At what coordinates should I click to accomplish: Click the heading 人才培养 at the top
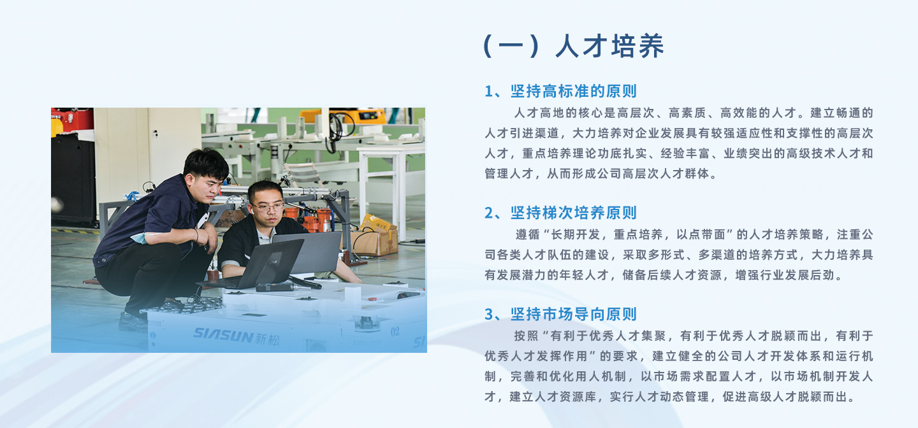[609, 46]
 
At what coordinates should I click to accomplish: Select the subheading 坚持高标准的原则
[574, 92]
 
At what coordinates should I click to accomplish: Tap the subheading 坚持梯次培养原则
[574, 213]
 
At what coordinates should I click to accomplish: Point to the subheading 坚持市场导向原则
[574, 315]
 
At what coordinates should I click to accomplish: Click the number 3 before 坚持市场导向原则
[489, 315]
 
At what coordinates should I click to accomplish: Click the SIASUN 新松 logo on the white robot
[237, 335]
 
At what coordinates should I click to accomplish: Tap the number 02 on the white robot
[395, 331]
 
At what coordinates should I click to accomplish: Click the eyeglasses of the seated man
[267, 208]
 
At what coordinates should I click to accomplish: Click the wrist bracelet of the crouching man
[197, 236]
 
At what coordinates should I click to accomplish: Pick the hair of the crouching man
[206, 162]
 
